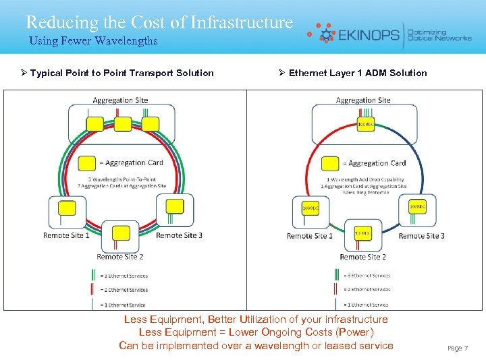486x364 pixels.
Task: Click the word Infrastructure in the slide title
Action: pos(242,22)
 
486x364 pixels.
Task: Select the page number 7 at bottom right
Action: pos(465,348)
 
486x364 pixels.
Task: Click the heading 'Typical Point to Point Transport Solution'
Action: pos(122,73)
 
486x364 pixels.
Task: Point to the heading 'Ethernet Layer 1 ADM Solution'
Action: pos(358,73)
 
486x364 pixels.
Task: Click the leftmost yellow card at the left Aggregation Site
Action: pos(94,124)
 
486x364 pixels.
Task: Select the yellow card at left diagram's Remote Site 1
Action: pos(67,208)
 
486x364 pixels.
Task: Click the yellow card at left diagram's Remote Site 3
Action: pos(175,206)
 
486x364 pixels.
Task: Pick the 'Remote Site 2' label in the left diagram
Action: pos(120,257)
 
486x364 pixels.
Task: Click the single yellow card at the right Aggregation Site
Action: pos(364,124)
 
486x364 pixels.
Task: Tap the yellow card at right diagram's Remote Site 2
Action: pos(362,233)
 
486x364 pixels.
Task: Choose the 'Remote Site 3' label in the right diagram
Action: pos(421,236)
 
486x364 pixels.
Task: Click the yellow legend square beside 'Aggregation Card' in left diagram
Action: pos(86,162)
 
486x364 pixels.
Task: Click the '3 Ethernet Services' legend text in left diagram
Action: pos(125,276)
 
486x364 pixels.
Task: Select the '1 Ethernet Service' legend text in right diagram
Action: pos(368,305)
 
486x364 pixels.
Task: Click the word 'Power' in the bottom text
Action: pos(354,332)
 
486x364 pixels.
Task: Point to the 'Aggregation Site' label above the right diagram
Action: pos(363,100)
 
